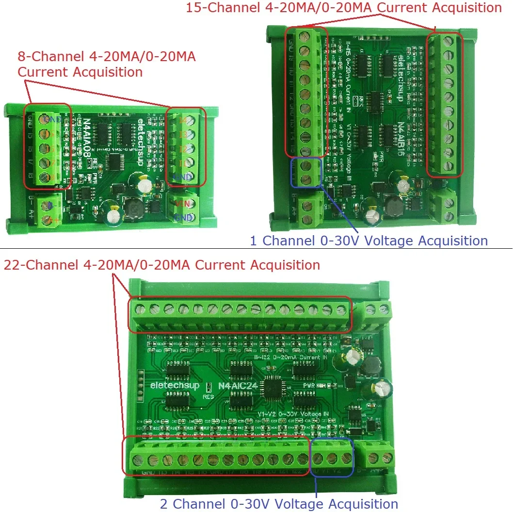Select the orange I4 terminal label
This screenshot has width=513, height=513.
183,120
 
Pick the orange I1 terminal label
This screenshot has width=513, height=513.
182,163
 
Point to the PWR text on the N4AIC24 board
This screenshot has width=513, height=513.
310,385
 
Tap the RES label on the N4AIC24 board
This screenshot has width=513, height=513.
208,395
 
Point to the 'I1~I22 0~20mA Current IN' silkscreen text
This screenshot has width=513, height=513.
291,357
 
